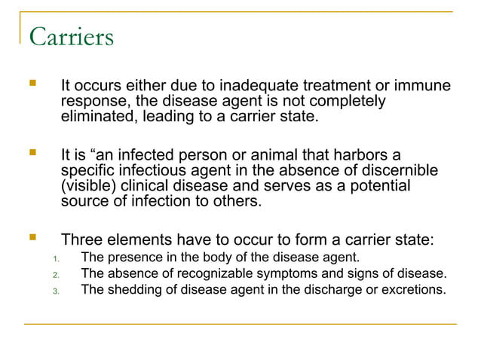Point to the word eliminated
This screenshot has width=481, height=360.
pyautogui.click(x=97, y=117)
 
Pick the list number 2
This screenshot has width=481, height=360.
pyautogui.click(x=56, y=273)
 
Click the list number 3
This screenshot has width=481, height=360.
pyautogui.click(x=56, y=290)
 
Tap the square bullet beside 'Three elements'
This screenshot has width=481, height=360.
pyautogui.click(x=32, y=240)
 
